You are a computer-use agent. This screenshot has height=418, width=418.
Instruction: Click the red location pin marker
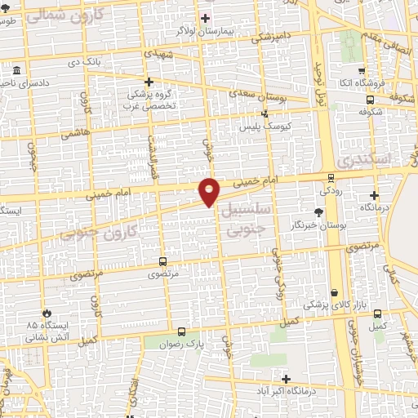point(210,191)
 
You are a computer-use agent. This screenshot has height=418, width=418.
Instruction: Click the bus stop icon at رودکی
point(331,177)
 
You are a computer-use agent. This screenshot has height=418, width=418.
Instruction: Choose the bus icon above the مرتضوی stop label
point(162,262)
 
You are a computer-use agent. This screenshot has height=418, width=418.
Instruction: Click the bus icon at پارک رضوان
point(181,331)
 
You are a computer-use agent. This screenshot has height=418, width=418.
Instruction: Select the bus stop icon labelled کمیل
point(377,313)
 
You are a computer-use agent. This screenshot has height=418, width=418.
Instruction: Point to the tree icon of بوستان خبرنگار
point(318,211)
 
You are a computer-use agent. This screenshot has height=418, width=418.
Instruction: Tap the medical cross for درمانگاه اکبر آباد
point(286,379)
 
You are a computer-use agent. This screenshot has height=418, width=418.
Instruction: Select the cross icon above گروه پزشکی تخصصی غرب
point(149,82)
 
